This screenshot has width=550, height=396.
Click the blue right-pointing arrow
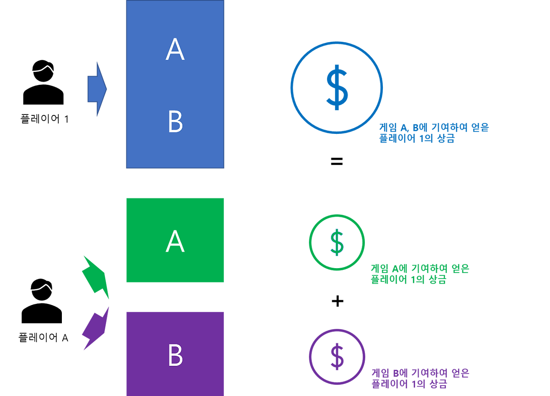tap(97, 89)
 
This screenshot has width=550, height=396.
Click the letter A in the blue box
tap(175, 49)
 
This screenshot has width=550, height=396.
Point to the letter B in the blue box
tap(176, 121)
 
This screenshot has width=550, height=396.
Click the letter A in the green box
tap(175, 241)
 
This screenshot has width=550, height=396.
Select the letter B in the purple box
tap(176, 355)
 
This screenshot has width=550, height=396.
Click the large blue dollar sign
tap(337, 87)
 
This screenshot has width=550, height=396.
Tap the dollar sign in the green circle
tap(337, 242)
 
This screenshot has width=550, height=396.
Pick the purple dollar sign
tap(337, 357)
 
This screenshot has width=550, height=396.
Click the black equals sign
tap(336, 161)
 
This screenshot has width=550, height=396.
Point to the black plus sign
tap(337, 301)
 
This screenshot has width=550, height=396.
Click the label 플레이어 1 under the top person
tap(44, 119)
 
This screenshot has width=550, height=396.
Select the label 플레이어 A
tap(43, 337)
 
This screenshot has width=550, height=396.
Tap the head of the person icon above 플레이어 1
tap(43, 71)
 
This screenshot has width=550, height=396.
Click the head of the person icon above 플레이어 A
tap(42, 290)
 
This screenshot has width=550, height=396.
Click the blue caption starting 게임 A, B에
tap(434, 133)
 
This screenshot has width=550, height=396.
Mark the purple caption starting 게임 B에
tap(420, 378)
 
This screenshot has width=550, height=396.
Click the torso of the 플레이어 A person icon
tap(42, 314)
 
